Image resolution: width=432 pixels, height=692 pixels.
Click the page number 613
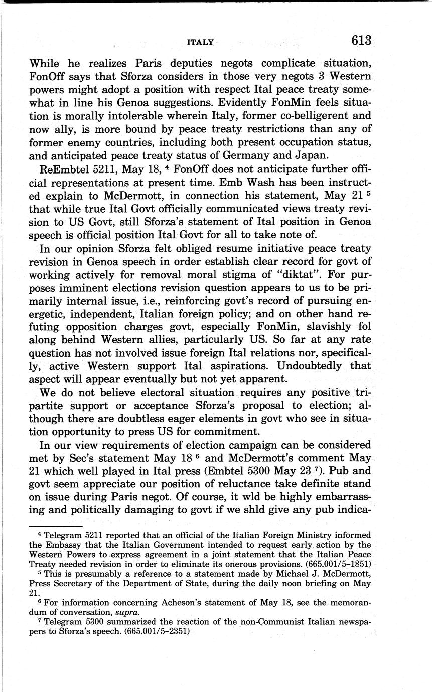[x=361, y=41]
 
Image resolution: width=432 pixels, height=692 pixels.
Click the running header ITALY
[x=200, y=43]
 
